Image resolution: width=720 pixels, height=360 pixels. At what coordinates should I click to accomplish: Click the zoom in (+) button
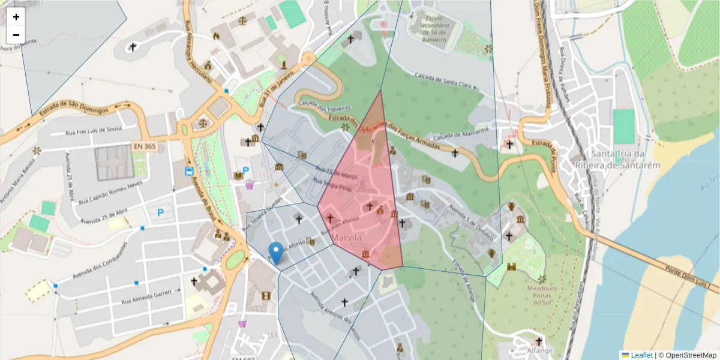click(x=16, y=17)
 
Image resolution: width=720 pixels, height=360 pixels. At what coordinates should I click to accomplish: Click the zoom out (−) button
click(x=16, y=35)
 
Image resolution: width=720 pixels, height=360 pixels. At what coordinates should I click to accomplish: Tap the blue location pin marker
click(x=276, y=253)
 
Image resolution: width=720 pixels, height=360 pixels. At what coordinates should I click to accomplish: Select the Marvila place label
click(x=346, y=238)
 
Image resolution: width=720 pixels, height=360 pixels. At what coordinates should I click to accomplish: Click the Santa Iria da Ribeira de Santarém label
click(x=626, y=160)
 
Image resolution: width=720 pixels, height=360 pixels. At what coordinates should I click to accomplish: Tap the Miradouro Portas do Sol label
click(x=542, y=295)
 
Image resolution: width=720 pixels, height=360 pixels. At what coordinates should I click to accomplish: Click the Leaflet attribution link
click(x=641, y=355)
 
